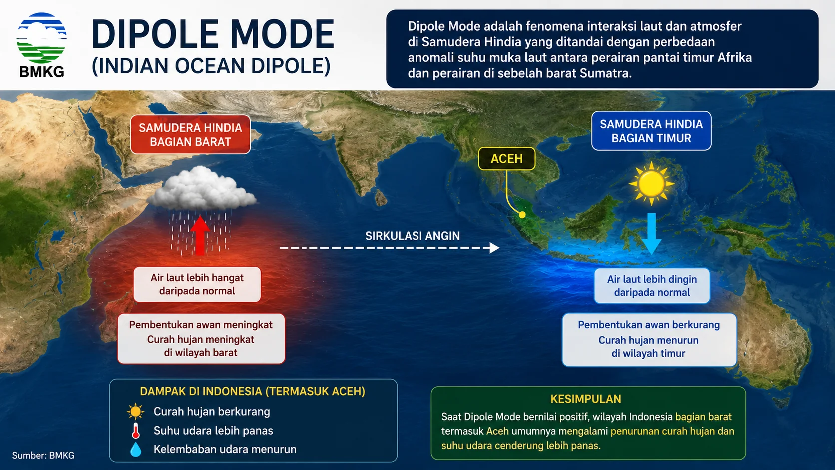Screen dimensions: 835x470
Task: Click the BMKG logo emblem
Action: click(x=42, y=38)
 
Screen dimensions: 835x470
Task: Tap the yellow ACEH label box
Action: click(x=506, y=159)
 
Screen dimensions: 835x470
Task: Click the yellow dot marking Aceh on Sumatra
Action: click(x=522, y=215)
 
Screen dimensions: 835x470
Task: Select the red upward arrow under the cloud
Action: click(x=200, y=236)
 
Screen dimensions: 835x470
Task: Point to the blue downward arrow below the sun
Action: click(x=651, y=234)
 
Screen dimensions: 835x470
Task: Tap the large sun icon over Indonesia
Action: click(x=651, y=183)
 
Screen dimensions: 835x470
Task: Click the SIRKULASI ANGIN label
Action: click(x=413, y=236)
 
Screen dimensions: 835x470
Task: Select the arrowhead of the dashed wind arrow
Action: click(x=494, y=248)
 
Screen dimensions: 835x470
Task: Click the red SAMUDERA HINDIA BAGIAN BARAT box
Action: click(x=190, y=134)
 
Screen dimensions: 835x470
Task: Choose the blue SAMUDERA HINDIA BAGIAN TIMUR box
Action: click(x=651, y=131)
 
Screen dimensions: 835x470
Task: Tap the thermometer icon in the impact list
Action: click(x=136, y=431)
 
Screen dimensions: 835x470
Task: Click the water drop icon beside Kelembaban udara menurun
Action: click(x=136, y=449)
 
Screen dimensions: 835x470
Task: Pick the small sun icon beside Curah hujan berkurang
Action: click(x=135, y=412)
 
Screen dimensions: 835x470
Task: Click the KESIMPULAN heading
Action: click(x=586, y=399)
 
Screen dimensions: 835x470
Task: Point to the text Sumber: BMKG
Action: click(x=43, y=455)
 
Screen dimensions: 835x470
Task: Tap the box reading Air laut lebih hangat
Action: click(x=197, y=284)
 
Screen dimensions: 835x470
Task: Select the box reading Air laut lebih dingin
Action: click(x=652, y=286)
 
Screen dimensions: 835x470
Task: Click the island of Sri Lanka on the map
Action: click(x=381, y=198)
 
